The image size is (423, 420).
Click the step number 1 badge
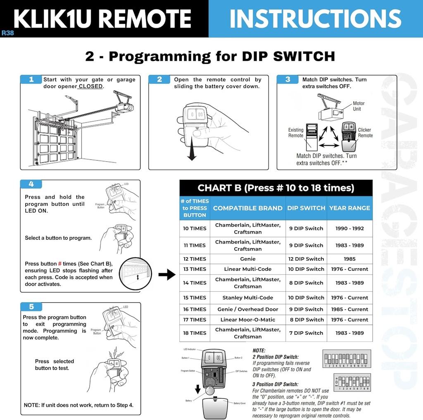coord(31,79)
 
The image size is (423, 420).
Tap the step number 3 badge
coord(288,79)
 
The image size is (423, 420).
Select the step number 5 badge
coord(31,307)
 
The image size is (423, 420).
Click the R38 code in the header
coord(7,33)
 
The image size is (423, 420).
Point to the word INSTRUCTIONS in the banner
coord(315,19)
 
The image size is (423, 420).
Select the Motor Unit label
coord(359,106)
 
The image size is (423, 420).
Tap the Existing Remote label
coord(295,133)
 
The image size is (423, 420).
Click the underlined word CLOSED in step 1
coord(91,86)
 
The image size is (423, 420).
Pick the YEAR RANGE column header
coord(349,208)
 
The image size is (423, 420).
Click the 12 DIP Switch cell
coord(306,259)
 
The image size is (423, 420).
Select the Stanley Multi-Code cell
coord(247,298)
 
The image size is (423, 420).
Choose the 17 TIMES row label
coord(195,320)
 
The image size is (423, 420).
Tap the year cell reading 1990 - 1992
coord(349,228)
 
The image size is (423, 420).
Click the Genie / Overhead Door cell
coord(247,309)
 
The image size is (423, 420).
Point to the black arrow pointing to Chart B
coord(166,274)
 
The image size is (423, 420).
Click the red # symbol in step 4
coord(60,264)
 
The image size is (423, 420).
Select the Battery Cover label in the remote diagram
coord(240,403)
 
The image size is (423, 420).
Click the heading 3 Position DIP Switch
coord(275,384)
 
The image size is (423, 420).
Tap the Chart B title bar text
coord(276,188)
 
